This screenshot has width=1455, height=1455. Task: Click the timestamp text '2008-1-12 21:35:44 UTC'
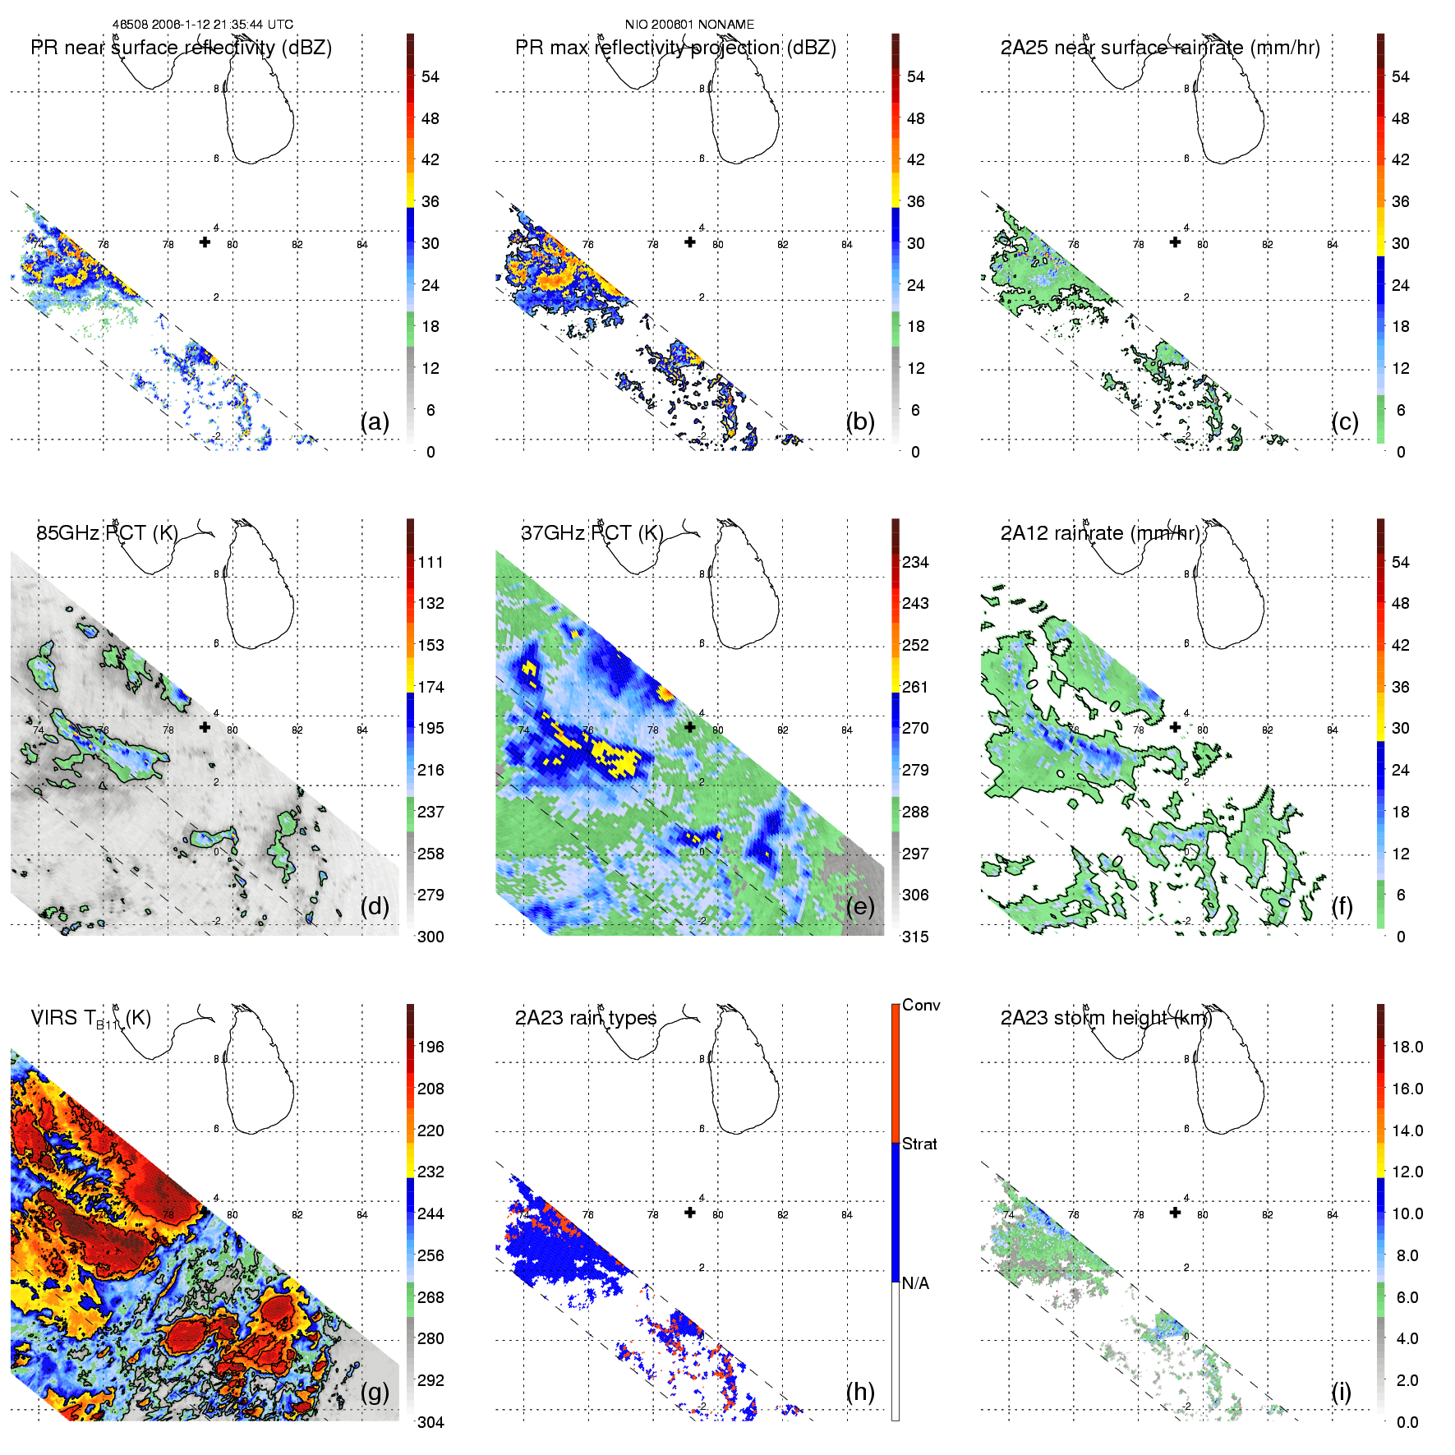222,25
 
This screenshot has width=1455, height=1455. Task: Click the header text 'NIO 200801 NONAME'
689,25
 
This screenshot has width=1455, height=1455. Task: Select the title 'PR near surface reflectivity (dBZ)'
181,48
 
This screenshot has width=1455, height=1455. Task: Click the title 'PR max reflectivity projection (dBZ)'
675,48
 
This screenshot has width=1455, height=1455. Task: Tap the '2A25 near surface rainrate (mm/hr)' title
1160,48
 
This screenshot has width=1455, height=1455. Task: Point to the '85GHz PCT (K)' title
107,532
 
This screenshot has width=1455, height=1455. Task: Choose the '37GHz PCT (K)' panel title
592,532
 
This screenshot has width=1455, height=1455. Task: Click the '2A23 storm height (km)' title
1106,1018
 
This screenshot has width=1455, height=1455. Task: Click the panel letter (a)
375,422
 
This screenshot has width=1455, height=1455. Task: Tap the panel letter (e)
860,907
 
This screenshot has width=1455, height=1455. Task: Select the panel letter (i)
1341,1392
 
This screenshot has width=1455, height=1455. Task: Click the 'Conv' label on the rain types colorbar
921,1005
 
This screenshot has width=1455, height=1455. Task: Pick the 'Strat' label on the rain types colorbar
919,1144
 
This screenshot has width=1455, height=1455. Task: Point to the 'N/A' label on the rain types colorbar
915,1283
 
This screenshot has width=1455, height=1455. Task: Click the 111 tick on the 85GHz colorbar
431,562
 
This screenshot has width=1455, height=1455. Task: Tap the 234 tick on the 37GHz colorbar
915,562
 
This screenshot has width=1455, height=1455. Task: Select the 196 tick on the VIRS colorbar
431,1047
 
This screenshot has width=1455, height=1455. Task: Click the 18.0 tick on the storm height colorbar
1407,1047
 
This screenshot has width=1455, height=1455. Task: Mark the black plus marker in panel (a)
205,242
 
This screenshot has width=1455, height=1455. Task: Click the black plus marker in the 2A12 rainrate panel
1175,727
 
